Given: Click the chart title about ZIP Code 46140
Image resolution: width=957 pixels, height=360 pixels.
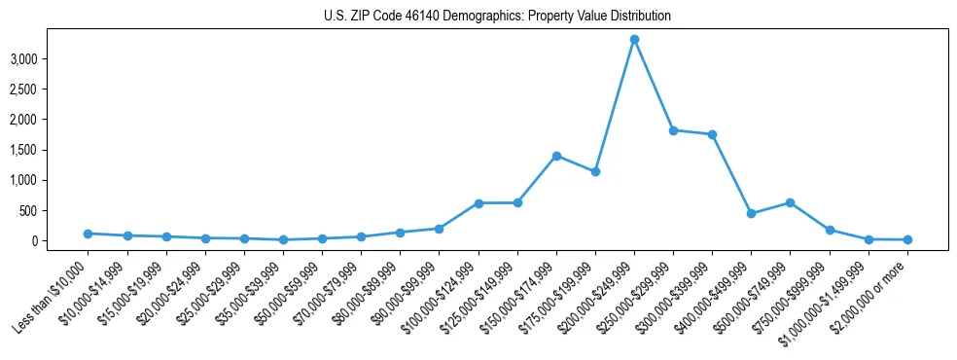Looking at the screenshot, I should pos(497,17).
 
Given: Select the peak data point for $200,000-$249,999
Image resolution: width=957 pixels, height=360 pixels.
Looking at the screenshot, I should pos(634,40).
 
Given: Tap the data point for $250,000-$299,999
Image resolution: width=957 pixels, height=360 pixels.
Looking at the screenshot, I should pos(673,130).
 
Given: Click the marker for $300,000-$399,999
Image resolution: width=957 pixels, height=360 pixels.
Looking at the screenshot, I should pos(712,134).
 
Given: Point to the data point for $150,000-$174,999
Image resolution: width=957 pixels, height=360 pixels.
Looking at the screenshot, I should pos(556,156).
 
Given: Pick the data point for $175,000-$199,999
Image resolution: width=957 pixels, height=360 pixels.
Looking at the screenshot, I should pos(595,171).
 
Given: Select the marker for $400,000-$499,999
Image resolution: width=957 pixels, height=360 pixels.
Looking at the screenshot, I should pos(751,213).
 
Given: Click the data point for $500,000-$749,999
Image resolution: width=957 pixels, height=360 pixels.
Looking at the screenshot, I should pos(791,202).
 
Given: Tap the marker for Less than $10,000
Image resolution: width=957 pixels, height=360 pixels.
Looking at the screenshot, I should pos(89,234).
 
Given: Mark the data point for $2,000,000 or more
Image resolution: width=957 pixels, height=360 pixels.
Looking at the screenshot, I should pos(907,239).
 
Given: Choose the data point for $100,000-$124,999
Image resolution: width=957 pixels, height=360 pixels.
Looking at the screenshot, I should pos(478,203).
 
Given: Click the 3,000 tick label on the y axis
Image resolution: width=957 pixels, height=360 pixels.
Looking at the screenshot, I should pos(51,59).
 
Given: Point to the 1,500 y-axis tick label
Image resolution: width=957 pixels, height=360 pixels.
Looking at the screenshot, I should pos(51,150).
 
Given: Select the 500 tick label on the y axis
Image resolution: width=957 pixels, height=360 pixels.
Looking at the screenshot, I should pos(56,210).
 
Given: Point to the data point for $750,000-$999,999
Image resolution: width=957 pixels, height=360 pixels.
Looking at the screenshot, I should pos(830,230).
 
